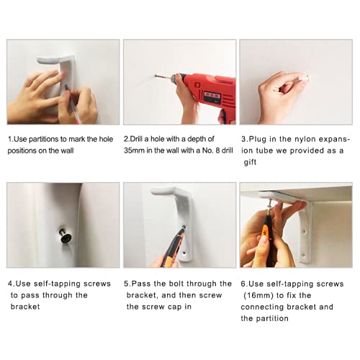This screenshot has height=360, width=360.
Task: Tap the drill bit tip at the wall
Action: coord(156,76)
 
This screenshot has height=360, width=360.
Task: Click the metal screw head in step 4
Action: coord(66,238)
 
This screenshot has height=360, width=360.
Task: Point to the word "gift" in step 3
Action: coord(250,163)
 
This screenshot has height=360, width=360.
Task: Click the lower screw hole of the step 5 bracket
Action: coord(184,253)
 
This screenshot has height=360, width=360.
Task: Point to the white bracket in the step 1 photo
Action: coord(63,72)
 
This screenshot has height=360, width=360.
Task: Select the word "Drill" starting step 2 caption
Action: coord(136,139)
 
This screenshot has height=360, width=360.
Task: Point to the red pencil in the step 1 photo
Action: coord(73,106)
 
